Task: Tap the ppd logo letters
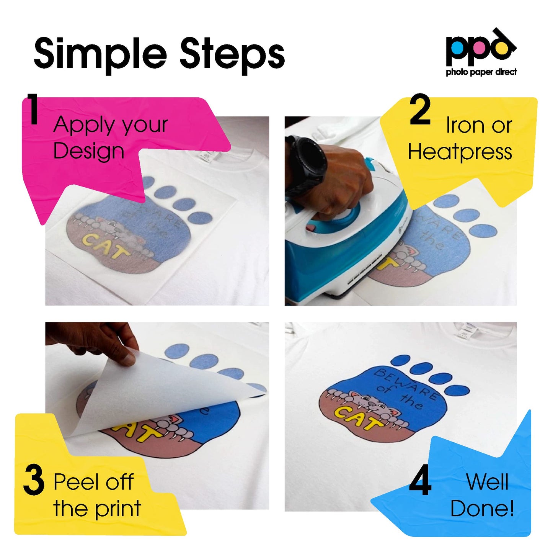[x=480, y=48]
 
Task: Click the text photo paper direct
[x=481, y=72]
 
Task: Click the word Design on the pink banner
[x=89, y=151]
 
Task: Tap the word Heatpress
[x=460, y=152]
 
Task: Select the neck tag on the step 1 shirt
[x=206, y=156]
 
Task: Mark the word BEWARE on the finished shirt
[x=406, y=383]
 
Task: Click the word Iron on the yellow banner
[x=465, y=125]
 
